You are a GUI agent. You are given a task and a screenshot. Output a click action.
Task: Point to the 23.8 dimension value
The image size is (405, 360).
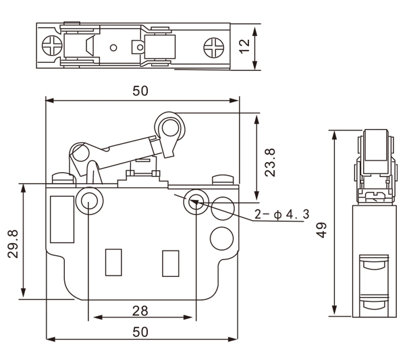coord(269,162)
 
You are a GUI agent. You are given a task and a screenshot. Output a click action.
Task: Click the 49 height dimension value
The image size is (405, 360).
coord(322,230)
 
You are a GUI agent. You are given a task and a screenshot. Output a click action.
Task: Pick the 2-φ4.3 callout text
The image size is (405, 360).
coord(281,215)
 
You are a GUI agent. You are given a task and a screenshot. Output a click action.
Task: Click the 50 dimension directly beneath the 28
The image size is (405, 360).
coord(140,332)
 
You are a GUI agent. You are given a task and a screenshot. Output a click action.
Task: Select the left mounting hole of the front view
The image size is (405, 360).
coord(88,201)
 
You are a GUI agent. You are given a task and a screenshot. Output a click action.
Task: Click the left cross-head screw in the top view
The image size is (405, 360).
coord(51,46)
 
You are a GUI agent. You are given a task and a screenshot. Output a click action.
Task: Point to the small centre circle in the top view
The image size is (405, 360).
coord(113,47)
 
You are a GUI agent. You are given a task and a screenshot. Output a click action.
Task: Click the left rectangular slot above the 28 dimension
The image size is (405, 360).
coord(113,263)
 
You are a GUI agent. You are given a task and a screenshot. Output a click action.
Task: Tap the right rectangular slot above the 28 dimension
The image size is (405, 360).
coord(170,263)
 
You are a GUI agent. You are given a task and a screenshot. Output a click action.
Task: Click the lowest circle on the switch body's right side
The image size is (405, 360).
coord(219,238)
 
